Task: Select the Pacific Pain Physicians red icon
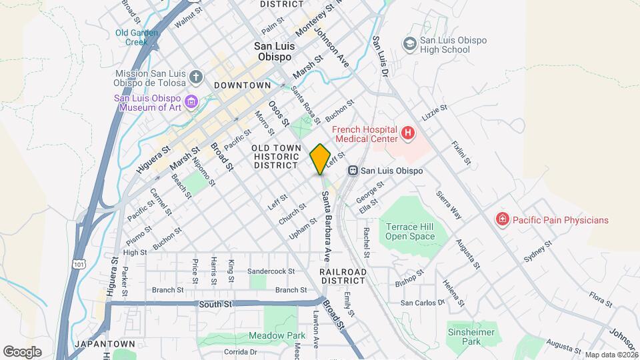(x=502, y=219)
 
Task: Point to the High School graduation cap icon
(x=409, y=44)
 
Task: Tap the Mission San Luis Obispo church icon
(x=195, y=77)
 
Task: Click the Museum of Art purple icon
(x=191, y=102)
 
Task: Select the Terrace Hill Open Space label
(x=409, y=231)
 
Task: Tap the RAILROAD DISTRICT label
(x=343, y=276)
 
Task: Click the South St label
(x=215, y=304)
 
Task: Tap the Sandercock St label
(x=271, y=271)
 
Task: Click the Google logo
(x=22, y=351)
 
